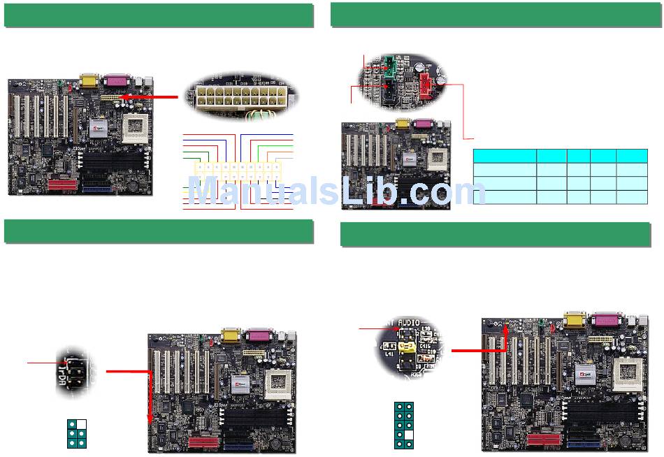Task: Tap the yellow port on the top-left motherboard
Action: click(90, 80)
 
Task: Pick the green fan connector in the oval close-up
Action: click(389, 66)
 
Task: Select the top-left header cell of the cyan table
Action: click(505, 156)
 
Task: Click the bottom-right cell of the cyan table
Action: click(632, 196)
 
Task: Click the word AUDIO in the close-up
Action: click(407, 325)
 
